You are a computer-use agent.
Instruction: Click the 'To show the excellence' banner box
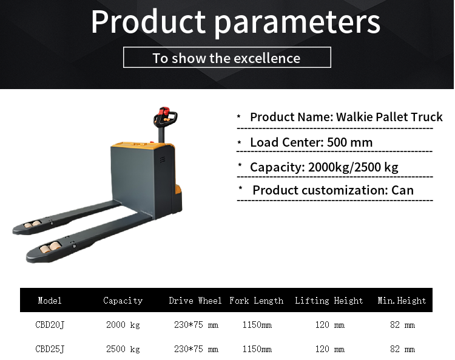coord(227,58)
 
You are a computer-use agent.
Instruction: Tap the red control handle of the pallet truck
coord(163,113)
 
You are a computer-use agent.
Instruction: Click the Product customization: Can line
coord(332,190)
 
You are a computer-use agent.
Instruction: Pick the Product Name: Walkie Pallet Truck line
coord(346,117)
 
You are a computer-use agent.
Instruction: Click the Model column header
coord(50,301)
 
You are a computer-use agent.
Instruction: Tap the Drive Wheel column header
coord(196,301)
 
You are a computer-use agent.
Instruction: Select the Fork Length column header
coord(256,301)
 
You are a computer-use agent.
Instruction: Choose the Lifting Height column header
coord(329,301)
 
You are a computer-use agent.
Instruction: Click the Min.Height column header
coord(402,301)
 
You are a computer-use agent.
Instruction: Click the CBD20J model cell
coord(50,325)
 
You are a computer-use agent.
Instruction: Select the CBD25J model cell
coord(50,349)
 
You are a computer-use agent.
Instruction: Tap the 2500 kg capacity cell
coord(123,349)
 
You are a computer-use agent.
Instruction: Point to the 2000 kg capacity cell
coord(123,325)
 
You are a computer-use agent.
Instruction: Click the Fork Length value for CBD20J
coord(257,325)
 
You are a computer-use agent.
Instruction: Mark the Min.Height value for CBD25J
coord(402,349)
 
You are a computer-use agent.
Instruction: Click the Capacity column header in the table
coord(123,301)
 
